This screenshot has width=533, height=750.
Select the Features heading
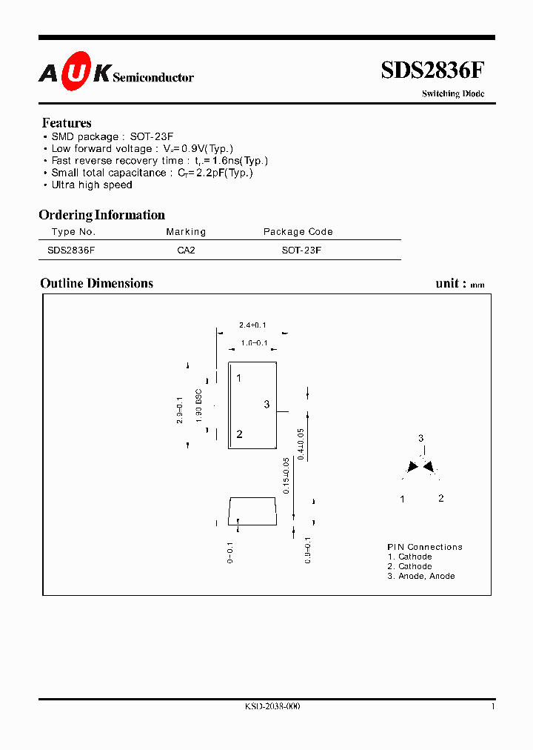click(67, 123)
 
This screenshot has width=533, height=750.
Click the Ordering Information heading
click(101, 215)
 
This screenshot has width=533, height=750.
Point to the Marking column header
click(186, 232)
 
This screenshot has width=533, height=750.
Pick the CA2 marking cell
click(186, 250)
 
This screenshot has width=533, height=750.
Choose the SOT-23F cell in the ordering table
click(301, 250)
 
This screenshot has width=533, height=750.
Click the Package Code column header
click(298, 232)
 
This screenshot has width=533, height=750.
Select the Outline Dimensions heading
click(96, 283)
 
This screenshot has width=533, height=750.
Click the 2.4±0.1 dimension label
click(252, 325)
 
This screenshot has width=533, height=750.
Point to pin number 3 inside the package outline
click(266, 405)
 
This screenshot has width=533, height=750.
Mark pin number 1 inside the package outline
click(239, 378)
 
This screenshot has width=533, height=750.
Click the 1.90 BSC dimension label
click(199, 405)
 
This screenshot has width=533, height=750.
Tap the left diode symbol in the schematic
click(412, 467)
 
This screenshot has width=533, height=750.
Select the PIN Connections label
click(425, 547)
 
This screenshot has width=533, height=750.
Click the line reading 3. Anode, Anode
click(420, 576)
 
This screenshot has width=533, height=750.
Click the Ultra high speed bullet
click(91, 185)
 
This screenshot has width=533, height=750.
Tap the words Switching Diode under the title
click(453, 94)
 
